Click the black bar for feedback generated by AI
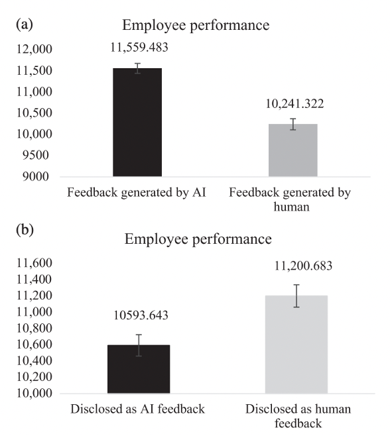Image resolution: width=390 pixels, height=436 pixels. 137,123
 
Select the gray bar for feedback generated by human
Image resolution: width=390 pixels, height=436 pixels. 293,150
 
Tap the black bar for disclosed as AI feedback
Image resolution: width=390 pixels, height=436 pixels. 139,369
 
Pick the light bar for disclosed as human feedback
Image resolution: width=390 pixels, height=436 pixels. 296,345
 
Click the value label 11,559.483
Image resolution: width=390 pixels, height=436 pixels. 139,47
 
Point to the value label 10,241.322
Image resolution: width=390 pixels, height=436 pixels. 294,104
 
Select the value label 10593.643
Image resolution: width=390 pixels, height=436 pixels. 141,315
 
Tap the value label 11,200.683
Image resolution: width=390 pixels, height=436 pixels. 303,266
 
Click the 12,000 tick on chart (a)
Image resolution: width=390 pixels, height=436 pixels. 34,49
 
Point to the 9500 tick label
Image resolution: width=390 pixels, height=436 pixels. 36,155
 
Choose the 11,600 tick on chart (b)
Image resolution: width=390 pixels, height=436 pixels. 34,263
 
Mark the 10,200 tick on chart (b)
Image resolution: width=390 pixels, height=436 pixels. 34,377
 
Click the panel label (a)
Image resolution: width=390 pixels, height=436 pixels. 25,25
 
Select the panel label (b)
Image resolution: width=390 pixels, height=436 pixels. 25,230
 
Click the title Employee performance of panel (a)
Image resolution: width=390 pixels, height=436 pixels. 196,26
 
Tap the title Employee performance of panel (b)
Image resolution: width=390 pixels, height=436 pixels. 198,239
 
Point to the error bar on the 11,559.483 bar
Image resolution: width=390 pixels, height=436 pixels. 137,68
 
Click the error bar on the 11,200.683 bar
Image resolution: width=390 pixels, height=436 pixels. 296,296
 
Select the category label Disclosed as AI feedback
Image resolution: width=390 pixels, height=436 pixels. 137,409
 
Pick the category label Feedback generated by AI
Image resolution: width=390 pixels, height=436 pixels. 137,193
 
